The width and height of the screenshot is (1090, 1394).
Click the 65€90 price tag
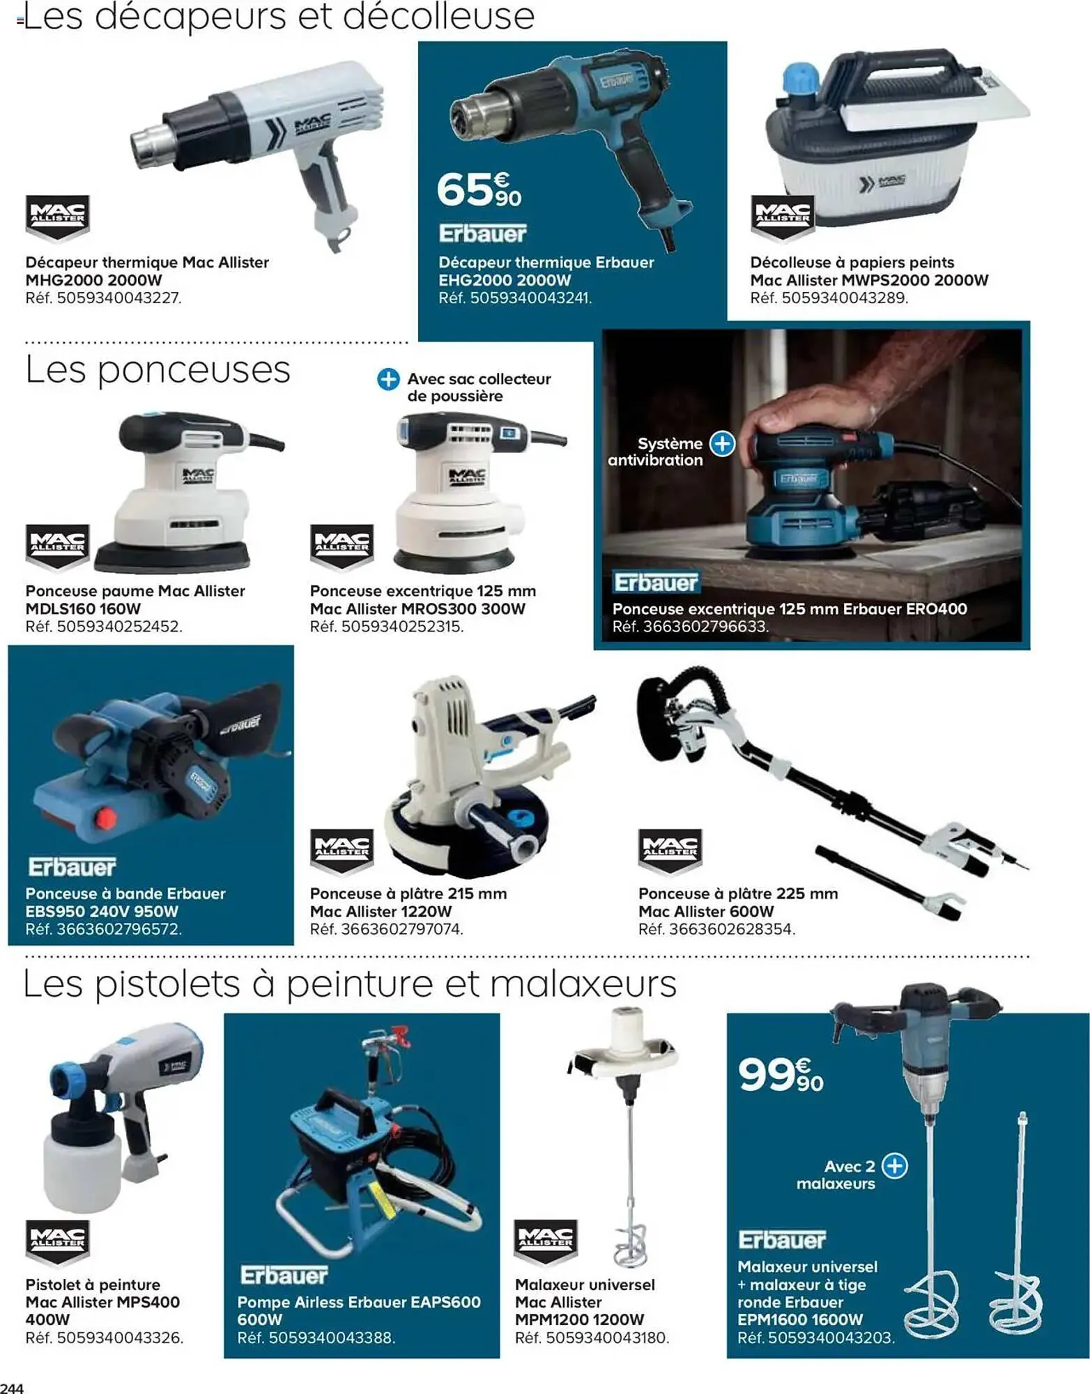point(479,190)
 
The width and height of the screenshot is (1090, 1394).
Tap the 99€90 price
point(781,1074)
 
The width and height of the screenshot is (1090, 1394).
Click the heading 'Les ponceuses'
point(158,370)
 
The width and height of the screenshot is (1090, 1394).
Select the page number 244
point(12,1387)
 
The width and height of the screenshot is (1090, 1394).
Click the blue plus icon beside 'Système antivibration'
point(722,443)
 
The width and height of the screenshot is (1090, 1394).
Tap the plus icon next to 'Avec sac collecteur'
point(388,379)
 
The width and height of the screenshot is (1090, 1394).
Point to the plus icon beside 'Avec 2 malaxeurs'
point(894,1165)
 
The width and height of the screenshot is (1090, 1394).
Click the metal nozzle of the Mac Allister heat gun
point(149,144)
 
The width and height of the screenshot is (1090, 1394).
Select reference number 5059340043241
point(530,298)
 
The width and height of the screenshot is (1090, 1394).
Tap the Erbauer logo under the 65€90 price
point(482,233)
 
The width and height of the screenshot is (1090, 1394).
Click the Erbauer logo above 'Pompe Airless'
point(284,1276)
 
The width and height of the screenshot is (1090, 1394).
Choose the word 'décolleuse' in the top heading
point(438,17)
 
